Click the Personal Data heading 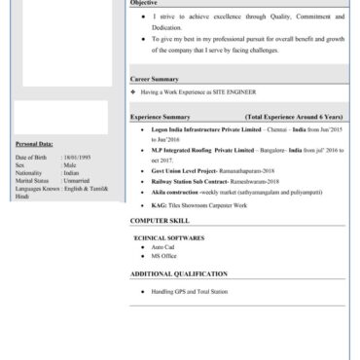coord(34,143)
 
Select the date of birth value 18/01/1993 coord(75,156)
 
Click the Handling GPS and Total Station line coord(190,291)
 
